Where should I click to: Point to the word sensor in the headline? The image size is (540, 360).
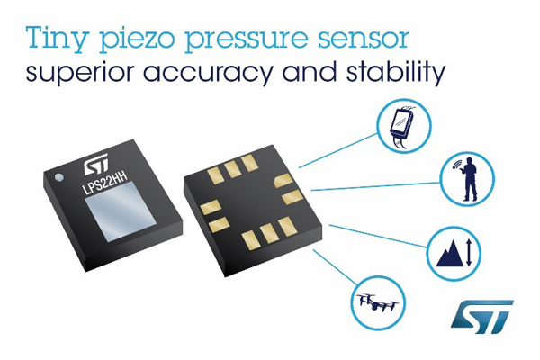tap(364, 39)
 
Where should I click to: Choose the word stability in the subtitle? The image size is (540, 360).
tap(396, 73)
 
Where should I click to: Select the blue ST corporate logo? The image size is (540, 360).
tap(481, 317)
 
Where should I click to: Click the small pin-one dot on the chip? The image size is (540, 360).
tap(59, 177)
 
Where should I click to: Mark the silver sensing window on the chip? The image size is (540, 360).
tap(121, 211)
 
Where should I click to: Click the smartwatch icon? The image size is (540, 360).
tap(403, 127)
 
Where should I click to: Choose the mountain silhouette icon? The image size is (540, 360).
tap(450, 253)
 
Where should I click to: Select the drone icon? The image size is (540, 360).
tap(378, 302)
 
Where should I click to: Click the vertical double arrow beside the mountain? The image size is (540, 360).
tap(469, 253)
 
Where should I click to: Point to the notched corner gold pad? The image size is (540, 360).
tap(283, 180)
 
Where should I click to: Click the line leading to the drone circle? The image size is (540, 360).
tap(336, 267)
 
